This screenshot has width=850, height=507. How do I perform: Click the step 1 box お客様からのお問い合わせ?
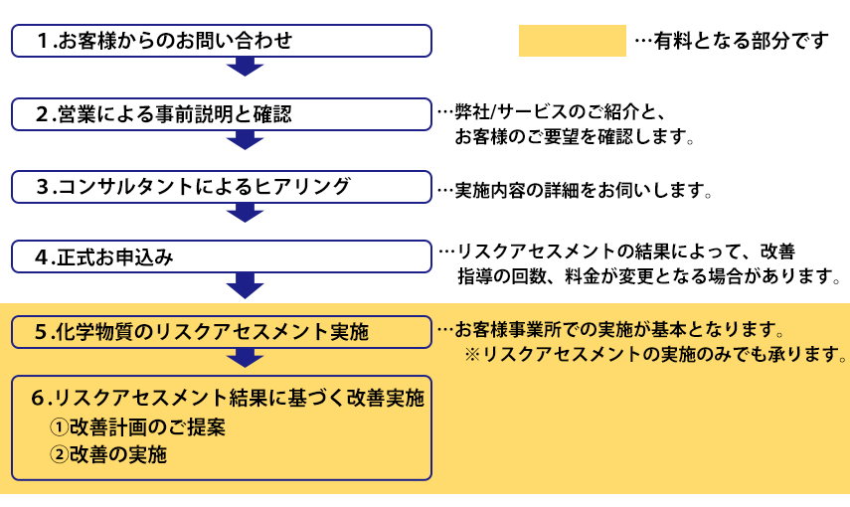click(x=222, y=41)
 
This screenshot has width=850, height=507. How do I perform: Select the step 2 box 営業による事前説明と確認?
click(x=222, y=113)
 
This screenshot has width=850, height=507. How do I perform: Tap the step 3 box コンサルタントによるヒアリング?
click(x=222, y=186)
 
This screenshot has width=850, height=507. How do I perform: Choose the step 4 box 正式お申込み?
click(x=222, y=257)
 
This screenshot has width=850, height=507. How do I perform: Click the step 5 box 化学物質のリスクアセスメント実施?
click(x=222, y=332)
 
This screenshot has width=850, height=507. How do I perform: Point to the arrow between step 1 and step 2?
click(x=245, y=67)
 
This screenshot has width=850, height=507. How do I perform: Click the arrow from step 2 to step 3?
click(x=245, y=139)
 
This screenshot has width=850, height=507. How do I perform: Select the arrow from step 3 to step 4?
click(x=245, y=212)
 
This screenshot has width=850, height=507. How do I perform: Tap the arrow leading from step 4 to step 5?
click(x=245, y=285)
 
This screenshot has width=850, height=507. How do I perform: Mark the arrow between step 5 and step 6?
click(x=245, y=357)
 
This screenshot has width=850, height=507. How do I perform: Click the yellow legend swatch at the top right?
click(x=572, y=41)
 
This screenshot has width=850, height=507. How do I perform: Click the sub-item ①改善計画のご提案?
click(x=138, y=428)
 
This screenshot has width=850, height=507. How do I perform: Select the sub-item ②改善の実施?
click(x=108, y=455)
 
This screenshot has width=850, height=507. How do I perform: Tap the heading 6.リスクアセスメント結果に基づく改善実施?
click(x=228, y=399)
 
